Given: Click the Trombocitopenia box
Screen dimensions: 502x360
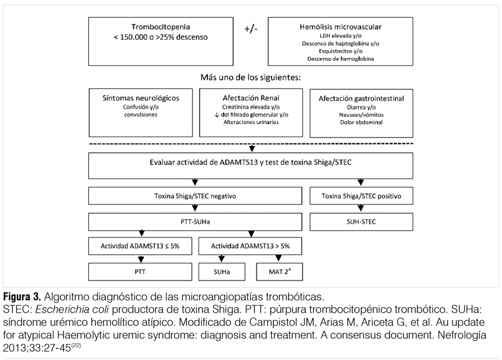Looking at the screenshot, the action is click(x=161, y=42).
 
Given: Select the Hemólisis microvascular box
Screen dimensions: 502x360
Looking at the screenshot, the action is click(x=340, y=42).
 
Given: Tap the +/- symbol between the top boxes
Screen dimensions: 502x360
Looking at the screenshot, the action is click(x=251, y=29).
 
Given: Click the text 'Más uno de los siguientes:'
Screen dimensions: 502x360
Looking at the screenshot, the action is click(x=250, y=77).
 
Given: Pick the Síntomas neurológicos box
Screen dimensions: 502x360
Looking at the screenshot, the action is click(x=141, y=113).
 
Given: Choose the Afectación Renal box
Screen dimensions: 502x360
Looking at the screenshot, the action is click(x=251, y=113).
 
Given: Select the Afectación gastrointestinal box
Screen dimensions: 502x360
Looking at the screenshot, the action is click(x=361, y=113).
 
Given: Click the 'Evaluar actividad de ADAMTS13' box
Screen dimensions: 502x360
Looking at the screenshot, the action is click(x=250, y=166).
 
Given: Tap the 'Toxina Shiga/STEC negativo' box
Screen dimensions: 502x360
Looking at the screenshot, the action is click(x=195, y=196).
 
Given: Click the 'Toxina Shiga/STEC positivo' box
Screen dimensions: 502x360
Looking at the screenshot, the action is click(x=361, y=196).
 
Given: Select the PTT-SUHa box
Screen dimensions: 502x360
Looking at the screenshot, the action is click(x=195, y=222).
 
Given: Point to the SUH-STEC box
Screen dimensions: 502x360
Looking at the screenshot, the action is click(x=361, y=222).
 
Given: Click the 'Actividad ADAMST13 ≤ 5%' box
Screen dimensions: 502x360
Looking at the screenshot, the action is click(x=140, y=246).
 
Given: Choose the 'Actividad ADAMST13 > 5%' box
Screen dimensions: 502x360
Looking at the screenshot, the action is click(x=250, y=246).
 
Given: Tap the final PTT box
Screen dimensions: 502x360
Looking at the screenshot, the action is click(x=140, y=272).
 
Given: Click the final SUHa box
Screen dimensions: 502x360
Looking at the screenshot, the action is click(x=222, y=272).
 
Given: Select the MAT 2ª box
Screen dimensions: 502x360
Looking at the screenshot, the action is click(x=279, y=272).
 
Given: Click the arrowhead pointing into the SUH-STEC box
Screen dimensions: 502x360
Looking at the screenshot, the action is click(x=361, y=208).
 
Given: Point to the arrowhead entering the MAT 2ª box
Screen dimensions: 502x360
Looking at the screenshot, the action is click(x=278, y=258).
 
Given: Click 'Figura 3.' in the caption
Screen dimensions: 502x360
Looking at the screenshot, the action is click(x=22, y=297).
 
